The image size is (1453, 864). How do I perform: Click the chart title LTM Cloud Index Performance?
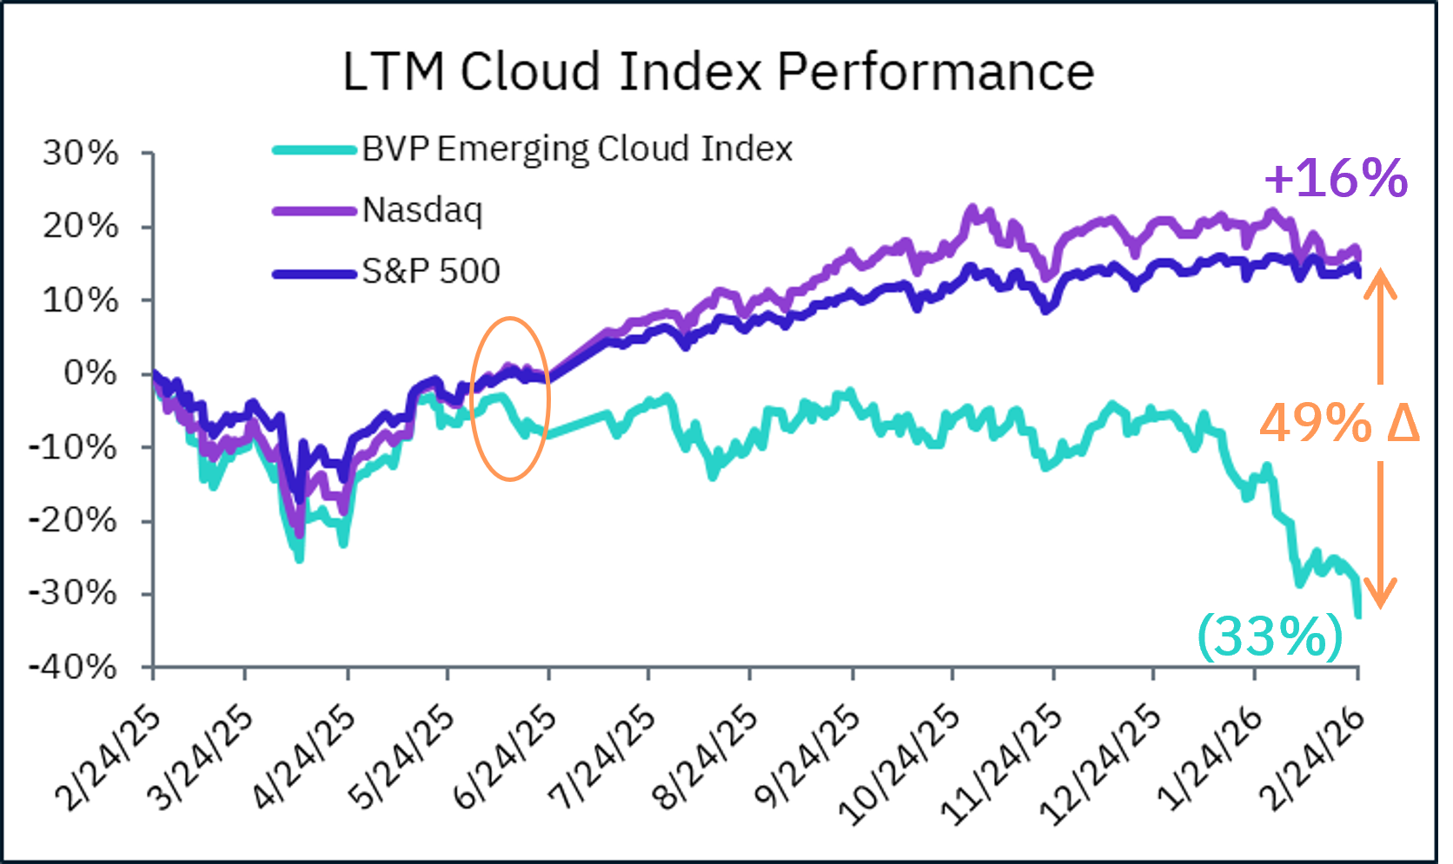coord(718,71)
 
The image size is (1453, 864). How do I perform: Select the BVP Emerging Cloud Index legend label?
coord(577,149)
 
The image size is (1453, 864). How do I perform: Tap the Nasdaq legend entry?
coord(422,210)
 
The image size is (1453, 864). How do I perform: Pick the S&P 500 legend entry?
coord(431,271)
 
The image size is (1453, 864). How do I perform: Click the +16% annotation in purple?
coord(1336,178)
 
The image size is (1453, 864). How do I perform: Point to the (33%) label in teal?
coord(1271,636)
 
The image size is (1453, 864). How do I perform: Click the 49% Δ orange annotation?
coord(1338,424)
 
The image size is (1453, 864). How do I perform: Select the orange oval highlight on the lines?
coord(510,399)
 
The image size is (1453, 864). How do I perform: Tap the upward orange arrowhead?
coord(1379,283)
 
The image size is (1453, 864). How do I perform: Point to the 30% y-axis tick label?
coord(81,153)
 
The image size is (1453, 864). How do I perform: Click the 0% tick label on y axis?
coord(90,373)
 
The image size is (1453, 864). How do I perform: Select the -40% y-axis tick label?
coord(73,668)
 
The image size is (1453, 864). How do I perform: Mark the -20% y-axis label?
coord(73,521)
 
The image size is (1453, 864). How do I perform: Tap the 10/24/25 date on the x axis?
coord(900,764)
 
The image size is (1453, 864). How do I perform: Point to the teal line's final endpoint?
coord(1358,615)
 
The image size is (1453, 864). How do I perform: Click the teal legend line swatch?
coord(315,149)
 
